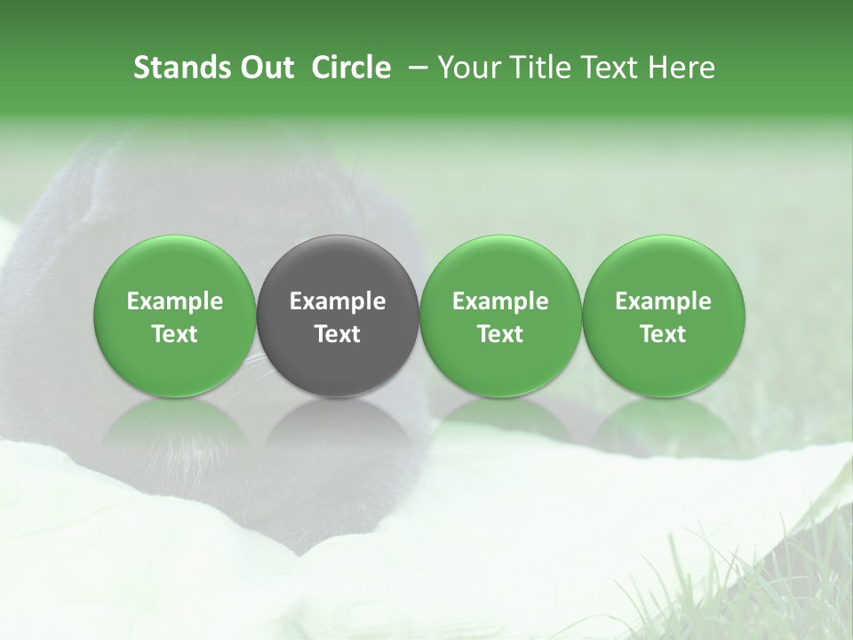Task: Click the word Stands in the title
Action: point(173,68)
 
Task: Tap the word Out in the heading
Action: point(264,68)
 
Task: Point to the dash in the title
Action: point(414,68)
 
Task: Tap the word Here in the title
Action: point(682,68)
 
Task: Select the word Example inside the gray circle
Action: point(338,301)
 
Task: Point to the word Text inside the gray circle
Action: point(338,334)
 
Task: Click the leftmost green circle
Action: point(175,267)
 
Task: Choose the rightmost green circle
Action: point(663,267)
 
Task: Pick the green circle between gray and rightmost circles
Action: point(500,267)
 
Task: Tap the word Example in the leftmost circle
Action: point(175,301)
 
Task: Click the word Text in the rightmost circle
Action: point(663,334)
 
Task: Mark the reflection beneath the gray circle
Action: point(338,427)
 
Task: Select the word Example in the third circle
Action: point(500,301)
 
